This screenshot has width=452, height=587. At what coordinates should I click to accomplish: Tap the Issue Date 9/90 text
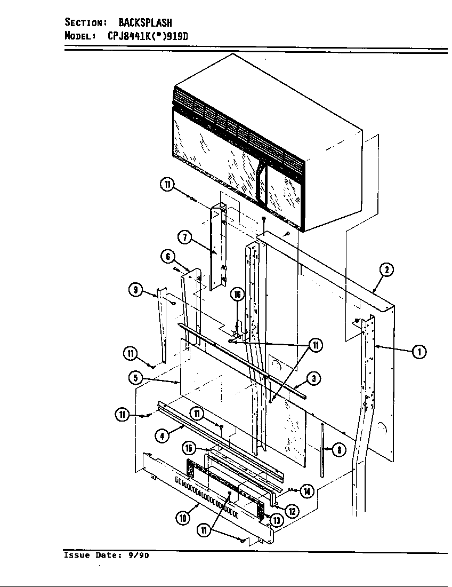coord(106,555)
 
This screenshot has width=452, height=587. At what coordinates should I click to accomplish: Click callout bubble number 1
coord(419,352)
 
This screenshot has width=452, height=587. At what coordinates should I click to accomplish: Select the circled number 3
coord(314,378)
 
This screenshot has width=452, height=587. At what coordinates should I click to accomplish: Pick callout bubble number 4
coord(162,436)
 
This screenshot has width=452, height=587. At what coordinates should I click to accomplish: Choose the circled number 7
coord(185,238)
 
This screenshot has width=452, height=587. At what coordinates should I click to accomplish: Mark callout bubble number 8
coord(338,450)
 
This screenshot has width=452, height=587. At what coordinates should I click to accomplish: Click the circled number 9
coord(136,290)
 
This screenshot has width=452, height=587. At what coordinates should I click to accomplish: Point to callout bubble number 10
coord(183,517)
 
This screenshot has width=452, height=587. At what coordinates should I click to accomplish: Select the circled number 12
coord(292,511)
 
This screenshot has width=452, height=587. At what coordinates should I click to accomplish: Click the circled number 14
coord(307,492)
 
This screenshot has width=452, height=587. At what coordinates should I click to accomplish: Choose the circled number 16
coord(237,295)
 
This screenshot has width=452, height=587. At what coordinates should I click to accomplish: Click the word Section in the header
coord(85,22)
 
